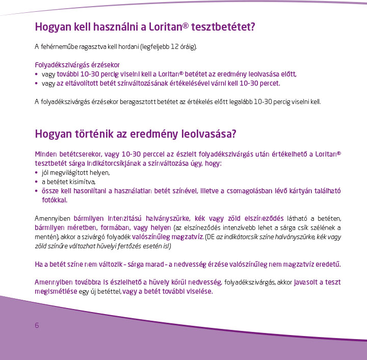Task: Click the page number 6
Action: click(x=37, y=326)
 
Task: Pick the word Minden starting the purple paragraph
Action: click(x=45, y=153)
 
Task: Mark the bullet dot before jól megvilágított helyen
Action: click(x=36, y=172)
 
